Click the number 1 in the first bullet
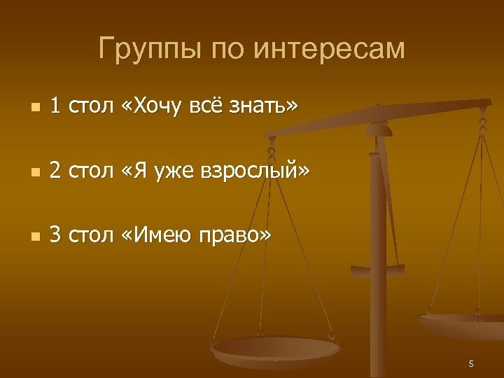point(55,106)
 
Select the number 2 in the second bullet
point(55,171)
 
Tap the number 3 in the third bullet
point(55,236)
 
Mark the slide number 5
point(471,363)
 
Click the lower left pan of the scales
point(276,350)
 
